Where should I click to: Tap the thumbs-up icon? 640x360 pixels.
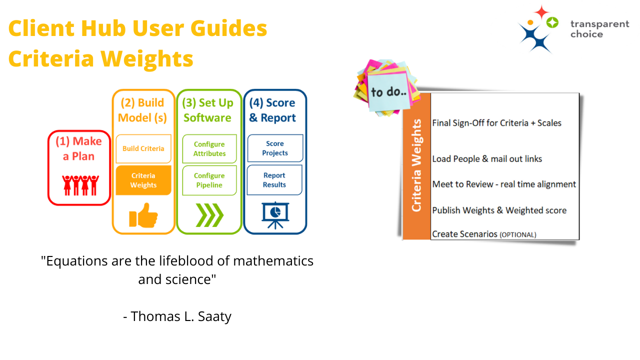pos(143,215)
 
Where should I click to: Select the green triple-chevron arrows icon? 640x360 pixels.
pos(209,215)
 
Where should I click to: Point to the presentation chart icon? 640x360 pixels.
pos(275,215)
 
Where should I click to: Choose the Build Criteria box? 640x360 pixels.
pos(143,148)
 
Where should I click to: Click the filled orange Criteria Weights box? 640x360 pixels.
pos(143,180)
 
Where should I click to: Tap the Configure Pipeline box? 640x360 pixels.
pos(209,180)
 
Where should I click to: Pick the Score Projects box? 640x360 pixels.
pos(275,148)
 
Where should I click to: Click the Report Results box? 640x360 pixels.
pos(274,180)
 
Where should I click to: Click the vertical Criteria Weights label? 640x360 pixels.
pos(416,165)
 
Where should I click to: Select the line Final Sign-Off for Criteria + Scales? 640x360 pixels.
pos(496,123)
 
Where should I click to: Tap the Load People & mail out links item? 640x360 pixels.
pos(487,159)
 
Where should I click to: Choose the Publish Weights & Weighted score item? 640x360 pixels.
pos(499,210)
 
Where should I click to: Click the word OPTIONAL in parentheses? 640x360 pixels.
pos(518,234)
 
